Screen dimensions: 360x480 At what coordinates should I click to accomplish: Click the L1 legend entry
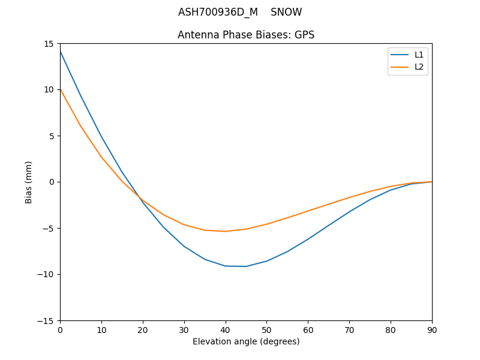(x=419, y=55)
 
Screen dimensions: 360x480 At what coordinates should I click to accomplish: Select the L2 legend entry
(x=419, y=67)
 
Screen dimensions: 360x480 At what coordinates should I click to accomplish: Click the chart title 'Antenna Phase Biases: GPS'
(x=246, y=35)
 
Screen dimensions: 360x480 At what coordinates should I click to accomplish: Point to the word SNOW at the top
(x=286, y=12)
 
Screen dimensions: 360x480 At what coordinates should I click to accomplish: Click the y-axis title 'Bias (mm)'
(x=29, y=182)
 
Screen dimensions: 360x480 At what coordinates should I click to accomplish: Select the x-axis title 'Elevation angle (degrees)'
(x=246, y=341)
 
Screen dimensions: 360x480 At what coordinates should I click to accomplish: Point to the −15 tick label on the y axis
(x=47, y=320)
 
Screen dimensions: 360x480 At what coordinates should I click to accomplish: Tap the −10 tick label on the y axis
(x=47, y=274)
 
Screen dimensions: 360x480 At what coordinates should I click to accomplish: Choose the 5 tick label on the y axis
(x=52, y=136)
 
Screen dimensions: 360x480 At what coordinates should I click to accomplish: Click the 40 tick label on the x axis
(x=225, y=329)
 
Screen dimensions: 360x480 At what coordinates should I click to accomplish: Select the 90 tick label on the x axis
(x=431, y=329)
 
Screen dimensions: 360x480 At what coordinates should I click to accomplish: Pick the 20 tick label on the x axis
(x=143, y=329)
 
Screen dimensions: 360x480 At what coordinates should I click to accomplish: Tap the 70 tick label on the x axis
(x=349, y=329)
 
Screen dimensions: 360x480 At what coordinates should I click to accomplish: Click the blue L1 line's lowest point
(x=245, y=266)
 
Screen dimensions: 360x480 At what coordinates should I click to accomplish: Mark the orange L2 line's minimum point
(x=225, y=232)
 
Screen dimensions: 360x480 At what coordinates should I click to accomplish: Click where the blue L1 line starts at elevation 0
(x=60, y=51)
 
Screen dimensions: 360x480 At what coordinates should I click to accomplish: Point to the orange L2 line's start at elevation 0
(x=60, y=89)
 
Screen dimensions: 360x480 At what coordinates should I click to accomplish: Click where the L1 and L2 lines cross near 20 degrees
(x=140, y=197)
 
